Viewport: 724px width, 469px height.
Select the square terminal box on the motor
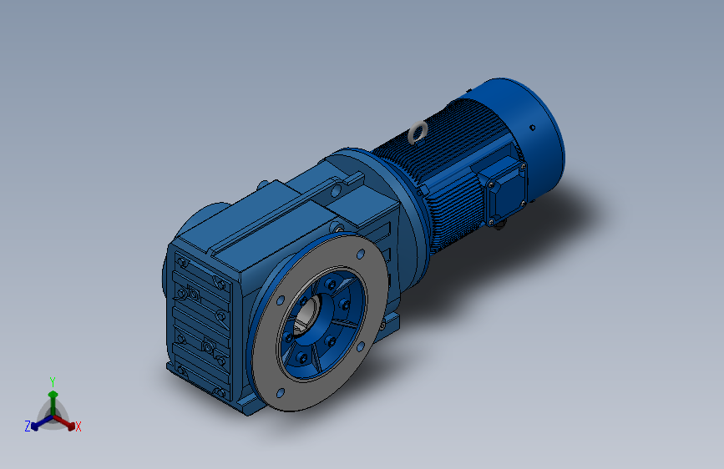point(503,190)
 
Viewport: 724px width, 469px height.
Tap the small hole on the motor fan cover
point(533,128)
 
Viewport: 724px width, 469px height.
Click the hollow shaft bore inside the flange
point(306,315)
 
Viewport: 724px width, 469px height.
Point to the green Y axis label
point(53,381)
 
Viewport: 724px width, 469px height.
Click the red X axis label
point(78,426)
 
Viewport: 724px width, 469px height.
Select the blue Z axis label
point(28,426)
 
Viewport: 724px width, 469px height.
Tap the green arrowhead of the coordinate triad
point(53,395)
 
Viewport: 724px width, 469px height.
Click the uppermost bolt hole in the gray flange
point(361,254)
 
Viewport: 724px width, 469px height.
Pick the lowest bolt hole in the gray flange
point(281,393)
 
